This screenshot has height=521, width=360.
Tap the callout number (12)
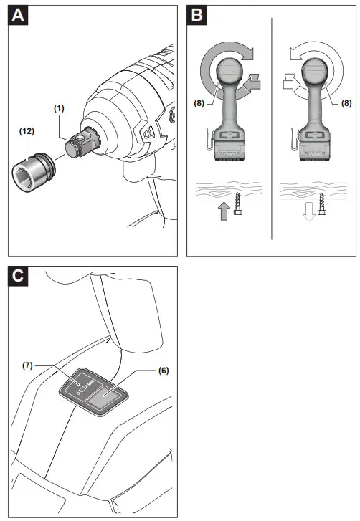point(26,131)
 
